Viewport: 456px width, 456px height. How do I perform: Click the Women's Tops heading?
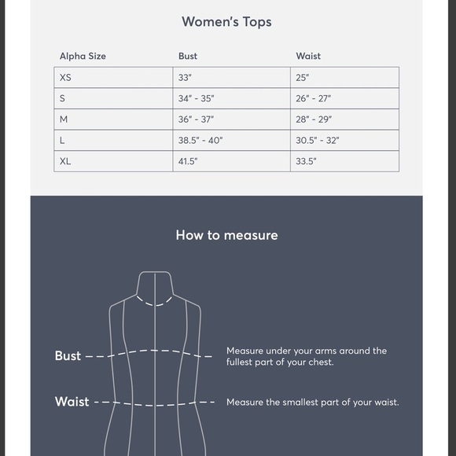pyautogui.click(x=226, y=22)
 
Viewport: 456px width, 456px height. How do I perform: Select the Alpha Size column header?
pyautogui.click(x=83, y=57)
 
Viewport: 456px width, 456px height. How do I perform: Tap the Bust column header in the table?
pyautogui.click(x=188, y=57)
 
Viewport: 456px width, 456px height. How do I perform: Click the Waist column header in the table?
pyautogui.click(x=308, y=57)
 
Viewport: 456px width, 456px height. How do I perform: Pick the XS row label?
pyautogui.click(x=65, y=78)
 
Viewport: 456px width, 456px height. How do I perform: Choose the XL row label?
pyautogui.click(x=65, y=161)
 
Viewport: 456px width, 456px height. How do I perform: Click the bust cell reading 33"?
pyautogui.click(x=186, y=78)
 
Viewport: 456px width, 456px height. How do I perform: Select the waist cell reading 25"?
pyautogui.click(x=303, y=78)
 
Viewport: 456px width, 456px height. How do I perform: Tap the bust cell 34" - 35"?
pyautogui.click(x=196, y=99)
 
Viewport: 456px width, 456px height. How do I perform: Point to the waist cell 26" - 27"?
pyautogui.click(x=313, y=99)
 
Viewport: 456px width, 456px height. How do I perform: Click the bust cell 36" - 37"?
pyautogui.click(x=196, y=120)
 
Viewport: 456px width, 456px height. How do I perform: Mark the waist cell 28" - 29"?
pyautogui.click(x=314, y=120)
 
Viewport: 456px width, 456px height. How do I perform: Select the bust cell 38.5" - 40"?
pyautogui.click(x=200, y=141)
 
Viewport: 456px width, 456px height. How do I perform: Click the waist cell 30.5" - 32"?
pyautogui.click(x=318, y=141)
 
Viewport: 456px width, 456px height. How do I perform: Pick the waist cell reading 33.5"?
pyautogui.click(x=307, y=161)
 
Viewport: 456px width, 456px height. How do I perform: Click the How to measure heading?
pyautogui.click(x=226, y=235)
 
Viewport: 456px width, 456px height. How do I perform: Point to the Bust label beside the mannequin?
pyautogui.click(x=68, y=356)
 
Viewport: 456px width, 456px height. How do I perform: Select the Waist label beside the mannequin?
pyautogui.click(x=72, y=402)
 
